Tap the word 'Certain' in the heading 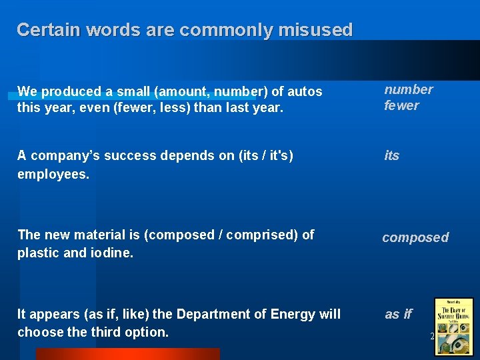coord(43,30)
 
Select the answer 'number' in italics coord(408,89)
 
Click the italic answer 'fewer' coord(401,105)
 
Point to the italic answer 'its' coord(391,155)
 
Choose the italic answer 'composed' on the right coord(415,237)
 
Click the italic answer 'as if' coord(399,314)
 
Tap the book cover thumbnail coord(453,325)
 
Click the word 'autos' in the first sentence coord(305,91)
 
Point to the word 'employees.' coord(53,174)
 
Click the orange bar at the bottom coord(127,354)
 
